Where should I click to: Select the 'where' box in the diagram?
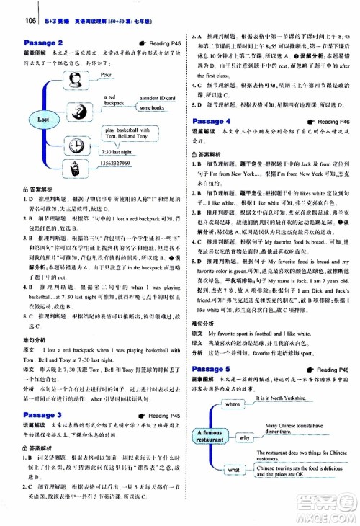(x=233, y=405)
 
